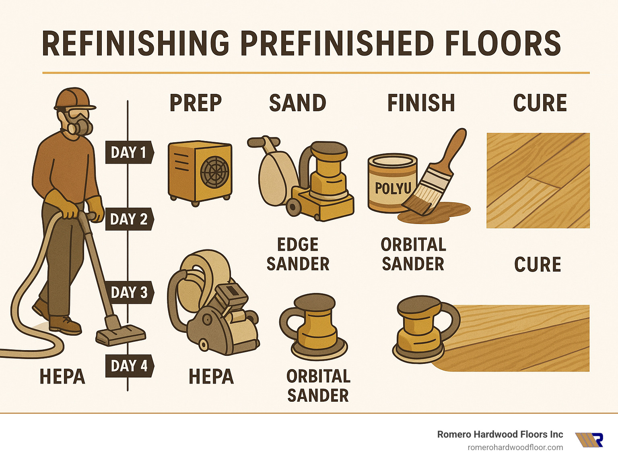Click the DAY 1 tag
tap(129, 152)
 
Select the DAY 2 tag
tap(129, 219)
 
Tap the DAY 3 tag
tap(129, 292)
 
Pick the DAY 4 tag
tap(129, 366)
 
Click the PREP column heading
tap(196, 103)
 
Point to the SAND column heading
tap(297, 103)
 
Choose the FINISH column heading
tap(421, 103)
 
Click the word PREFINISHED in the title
tap(337, 44)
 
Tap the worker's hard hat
tap(73, 98)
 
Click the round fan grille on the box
tap(215, 170)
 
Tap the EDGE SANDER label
tap(298, 254)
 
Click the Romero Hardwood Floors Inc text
tap(500, 434)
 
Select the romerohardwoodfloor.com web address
tap(515, 447)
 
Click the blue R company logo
tap(590, 440)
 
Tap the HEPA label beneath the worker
tap(62, 377)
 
